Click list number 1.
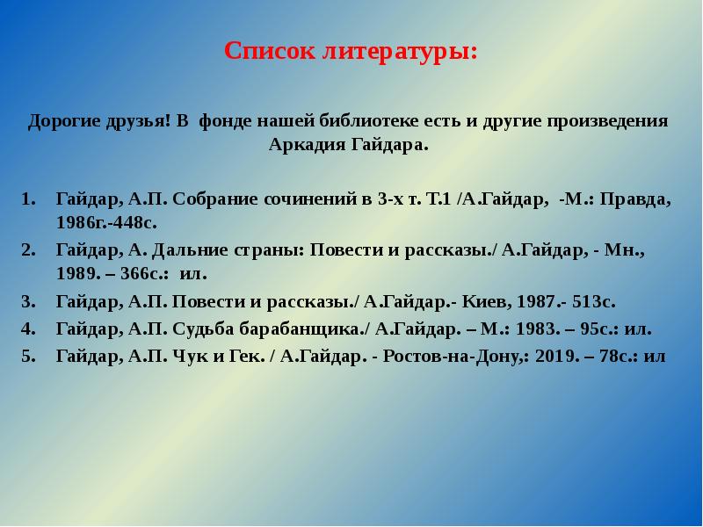[27, 199]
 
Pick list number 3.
[27, 302]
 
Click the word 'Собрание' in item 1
[219, 199]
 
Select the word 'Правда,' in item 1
[641, 199]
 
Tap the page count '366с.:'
[144, 274]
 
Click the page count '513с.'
[594, 302]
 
